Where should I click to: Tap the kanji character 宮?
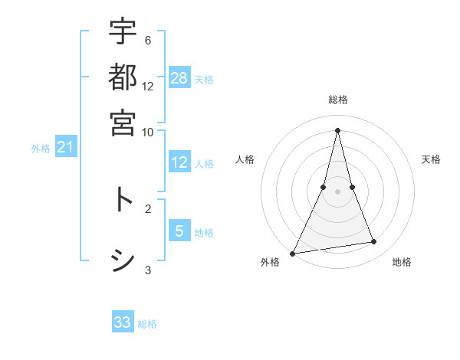click(123, 123)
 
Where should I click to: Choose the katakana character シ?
click(123, 260)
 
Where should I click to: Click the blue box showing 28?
click(179, 78)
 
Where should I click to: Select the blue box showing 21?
click(65, 147)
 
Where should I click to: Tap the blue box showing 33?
click(123, 322)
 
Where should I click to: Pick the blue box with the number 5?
click(179, 231)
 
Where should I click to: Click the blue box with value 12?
click(179, 162)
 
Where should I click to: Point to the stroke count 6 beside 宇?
click(148, 40)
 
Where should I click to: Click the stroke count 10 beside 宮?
click(148, 131)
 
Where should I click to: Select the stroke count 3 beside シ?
click(148, 269)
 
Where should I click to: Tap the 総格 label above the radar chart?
click(337, 100)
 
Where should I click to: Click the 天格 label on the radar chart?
click(431, 159)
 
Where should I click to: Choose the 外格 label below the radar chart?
click(270, 262)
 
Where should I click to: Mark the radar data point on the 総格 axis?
click(337, 129)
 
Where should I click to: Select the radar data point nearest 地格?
click(374, 242)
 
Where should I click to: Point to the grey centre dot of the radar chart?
click(337, 191)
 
